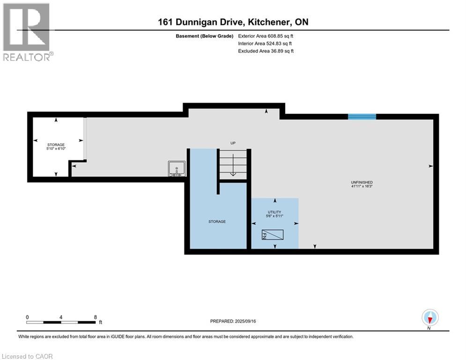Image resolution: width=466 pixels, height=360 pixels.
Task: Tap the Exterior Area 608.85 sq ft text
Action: tap(266, 36)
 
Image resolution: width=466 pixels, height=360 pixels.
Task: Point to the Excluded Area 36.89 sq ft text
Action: tap(266, 51)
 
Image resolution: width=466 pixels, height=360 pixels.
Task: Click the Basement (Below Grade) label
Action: tap(204, 36)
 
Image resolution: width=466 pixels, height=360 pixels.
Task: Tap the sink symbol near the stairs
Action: tap(177, 168)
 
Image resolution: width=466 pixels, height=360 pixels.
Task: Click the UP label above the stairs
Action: tap(232, 142)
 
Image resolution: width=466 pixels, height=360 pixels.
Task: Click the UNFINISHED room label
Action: tap(362, 182)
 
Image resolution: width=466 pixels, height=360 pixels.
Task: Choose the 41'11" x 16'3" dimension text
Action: tap(362, 186)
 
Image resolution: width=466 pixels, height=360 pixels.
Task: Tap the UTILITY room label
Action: tap(274, 212)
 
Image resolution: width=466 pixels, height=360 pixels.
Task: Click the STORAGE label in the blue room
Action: tap(217, 221)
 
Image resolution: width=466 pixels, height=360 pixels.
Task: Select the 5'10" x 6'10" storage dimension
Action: tap(56, 149)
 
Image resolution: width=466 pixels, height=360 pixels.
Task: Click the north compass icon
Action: tap(429, 318)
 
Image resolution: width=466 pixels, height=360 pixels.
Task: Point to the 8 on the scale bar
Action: tap(95, 317)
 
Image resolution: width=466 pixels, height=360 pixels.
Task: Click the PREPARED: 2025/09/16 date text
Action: tap(233, 321)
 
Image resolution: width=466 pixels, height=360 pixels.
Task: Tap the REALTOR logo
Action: tap(27, 32)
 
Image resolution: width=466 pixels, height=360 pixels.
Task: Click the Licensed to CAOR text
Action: tap(27, 356)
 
